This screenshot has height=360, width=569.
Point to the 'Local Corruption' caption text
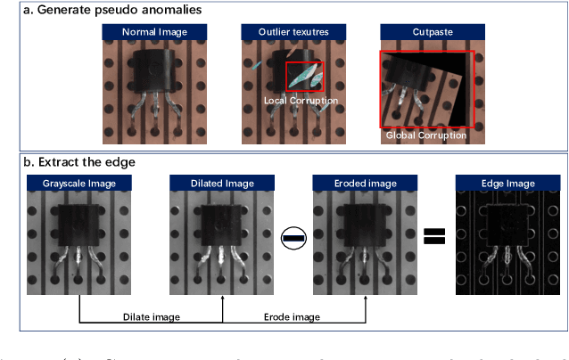pos(301,101)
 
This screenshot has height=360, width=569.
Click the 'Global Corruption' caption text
pos(425,135)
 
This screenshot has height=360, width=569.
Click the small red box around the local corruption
pos(304,77)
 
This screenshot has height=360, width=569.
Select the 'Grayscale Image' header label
pos(79,184)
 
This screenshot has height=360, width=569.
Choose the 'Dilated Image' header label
pos(222,184)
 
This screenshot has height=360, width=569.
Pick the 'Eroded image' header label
pos(366,184)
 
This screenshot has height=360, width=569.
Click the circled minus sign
pos(293,237)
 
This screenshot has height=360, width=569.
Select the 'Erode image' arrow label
pos(293,316)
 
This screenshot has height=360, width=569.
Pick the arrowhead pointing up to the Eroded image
pos(366,300)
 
